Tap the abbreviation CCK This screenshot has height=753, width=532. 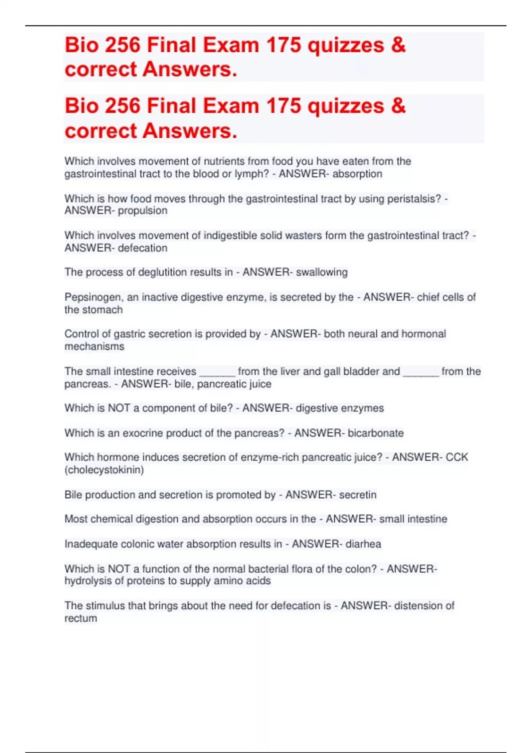click(x=457, y=457)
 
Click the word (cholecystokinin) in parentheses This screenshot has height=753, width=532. click(x=104, y=470)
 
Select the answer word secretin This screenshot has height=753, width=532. click(x=357, y=494)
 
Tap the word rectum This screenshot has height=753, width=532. click(x=81, y=618)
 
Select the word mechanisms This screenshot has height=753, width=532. click(x=94, y=346)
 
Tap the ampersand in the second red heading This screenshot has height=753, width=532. click(x=398, y=106)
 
